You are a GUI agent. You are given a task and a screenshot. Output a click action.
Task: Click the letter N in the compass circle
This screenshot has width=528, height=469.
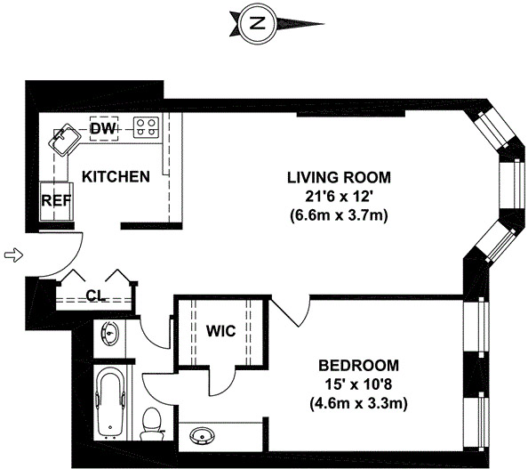coord(257,24)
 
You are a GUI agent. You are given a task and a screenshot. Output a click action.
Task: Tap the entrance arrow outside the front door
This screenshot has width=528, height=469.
coord(13,255)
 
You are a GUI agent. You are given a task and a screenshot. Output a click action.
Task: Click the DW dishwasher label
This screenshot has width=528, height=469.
coord(103,128)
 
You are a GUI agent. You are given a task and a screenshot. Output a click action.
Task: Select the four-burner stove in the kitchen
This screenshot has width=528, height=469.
coord(146,127)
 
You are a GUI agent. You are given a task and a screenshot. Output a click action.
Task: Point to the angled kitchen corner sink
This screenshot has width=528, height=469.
coord(65,140)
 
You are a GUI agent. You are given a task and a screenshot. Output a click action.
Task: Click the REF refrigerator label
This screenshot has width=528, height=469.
coord(56,201)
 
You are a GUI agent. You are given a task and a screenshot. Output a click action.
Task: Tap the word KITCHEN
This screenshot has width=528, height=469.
coord(116,177)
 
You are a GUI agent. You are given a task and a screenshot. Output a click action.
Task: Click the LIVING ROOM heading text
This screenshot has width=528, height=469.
coord(339,178)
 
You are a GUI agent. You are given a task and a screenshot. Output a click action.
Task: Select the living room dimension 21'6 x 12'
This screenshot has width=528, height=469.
coord(339,197)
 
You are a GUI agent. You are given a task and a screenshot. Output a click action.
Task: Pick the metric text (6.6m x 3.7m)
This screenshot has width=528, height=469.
coord(339,214)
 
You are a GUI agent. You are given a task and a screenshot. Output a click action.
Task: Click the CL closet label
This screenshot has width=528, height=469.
coord(96,295)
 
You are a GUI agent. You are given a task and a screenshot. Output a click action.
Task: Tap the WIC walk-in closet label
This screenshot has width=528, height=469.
coord(221,331)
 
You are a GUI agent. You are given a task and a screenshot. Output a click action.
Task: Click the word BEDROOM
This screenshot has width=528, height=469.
coord(358,366)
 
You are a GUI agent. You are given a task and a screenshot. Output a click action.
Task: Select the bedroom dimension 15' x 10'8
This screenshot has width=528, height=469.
coord(359,384)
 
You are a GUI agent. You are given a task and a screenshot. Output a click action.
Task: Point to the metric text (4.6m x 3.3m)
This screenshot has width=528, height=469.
coord(358,403)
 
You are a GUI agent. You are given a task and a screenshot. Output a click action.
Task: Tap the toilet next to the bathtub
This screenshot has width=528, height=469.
coord(151,424)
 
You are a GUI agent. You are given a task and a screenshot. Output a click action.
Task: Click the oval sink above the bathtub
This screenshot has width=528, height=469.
coord(109,333)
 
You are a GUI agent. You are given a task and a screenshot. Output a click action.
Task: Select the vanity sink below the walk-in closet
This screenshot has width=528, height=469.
coord(202,436)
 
